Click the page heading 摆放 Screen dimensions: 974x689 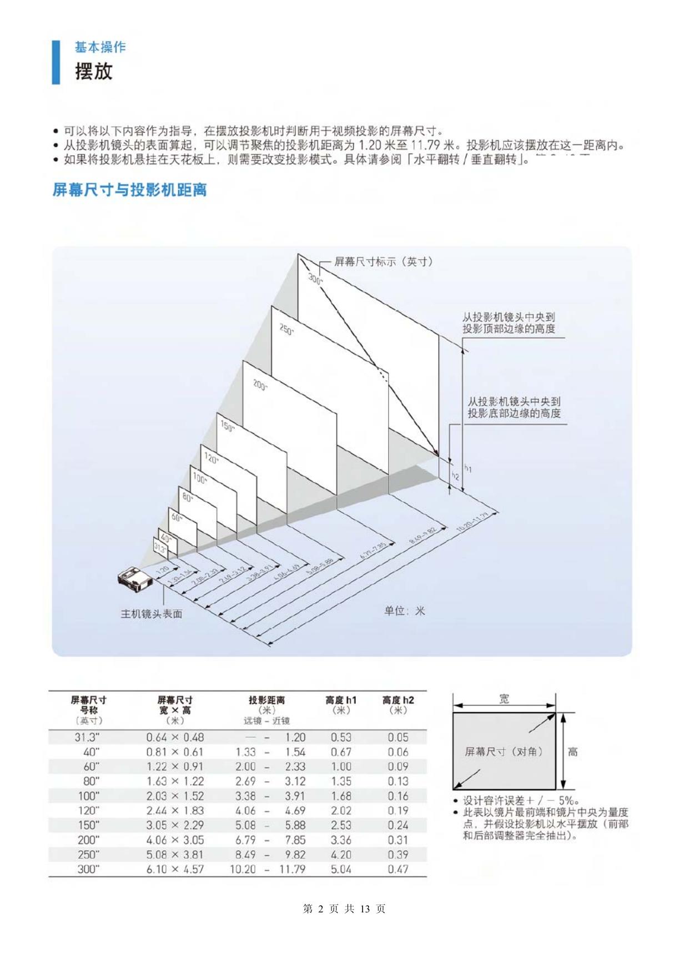point(94,71)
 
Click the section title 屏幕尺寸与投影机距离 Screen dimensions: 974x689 point(129,190)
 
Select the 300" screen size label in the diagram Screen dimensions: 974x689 point(315,279)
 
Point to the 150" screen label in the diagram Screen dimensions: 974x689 point(227,426)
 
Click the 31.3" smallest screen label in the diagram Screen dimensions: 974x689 point(160,549)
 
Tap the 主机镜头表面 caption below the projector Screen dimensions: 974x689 point(152,614)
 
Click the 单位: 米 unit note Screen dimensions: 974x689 point(404,611)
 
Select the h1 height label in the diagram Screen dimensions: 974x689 point(467,469)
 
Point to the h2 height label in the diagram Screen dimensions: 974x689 point(455,476)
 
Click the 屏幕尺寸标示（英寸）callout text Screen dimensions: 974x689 point(383,261)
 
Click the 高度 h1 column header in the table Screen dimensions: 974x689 point(341,705)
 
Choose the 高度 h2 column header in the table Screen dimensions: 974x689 point(398,705)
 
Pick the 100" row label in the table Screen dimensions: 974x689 point(88,796)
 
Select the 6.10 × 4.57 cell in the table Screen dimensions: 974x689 point(175,869)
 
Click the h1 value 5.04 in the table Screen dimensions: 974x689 point(341,869)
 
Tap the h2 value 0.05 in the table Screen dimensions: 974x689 point(398,738)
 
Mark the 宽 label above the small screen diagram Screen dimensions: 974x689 point(504,699)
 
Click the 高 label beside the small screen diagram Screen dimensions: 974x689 point(572,752)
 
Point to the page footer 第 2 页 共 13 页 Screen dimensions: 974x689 point(344,909)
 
